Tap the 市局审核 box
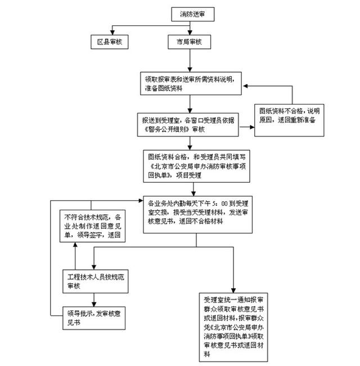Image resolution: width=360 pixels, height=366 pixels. [190, 42]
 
